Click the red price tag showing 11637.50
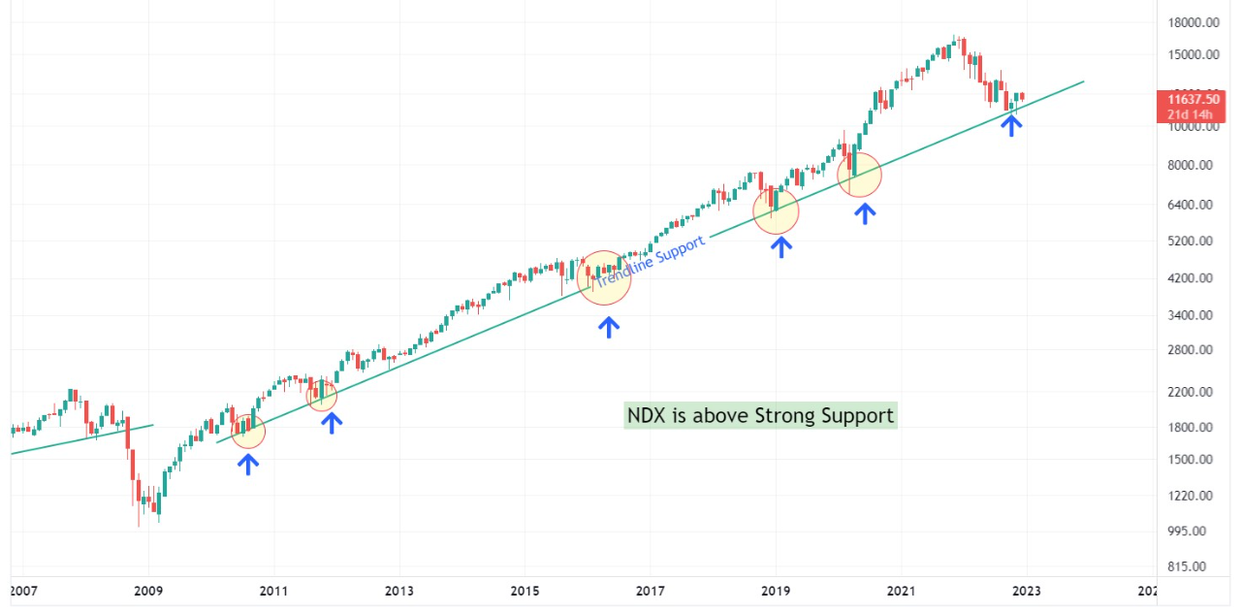pos(1193,99)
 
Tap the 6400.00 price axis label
pos(1192,205)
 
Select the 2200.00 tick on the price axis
pos(1192,392)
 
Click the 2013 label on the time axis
pos(398,591)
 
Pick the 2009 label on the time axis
pos(148,591)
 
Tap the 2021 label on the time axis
pos(901,591)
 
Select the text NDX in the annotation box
pos(647,416)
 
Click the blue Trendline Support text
pos(650,263)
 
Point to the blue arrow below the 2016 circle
pos(608,327)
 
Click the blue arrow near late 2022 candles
pos(1011,124)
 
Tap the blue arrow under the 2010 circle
pos(248,464)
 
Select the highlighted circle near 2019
pos(776,210)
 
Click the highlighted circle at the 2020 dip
pos(859,176)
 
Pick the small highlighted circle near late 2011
pos(322,396)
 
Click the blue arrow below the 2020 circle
pos(864,213)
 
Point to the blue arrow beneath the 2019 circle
pos(780,246)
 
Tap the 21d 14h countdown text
pos(1193,114)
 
